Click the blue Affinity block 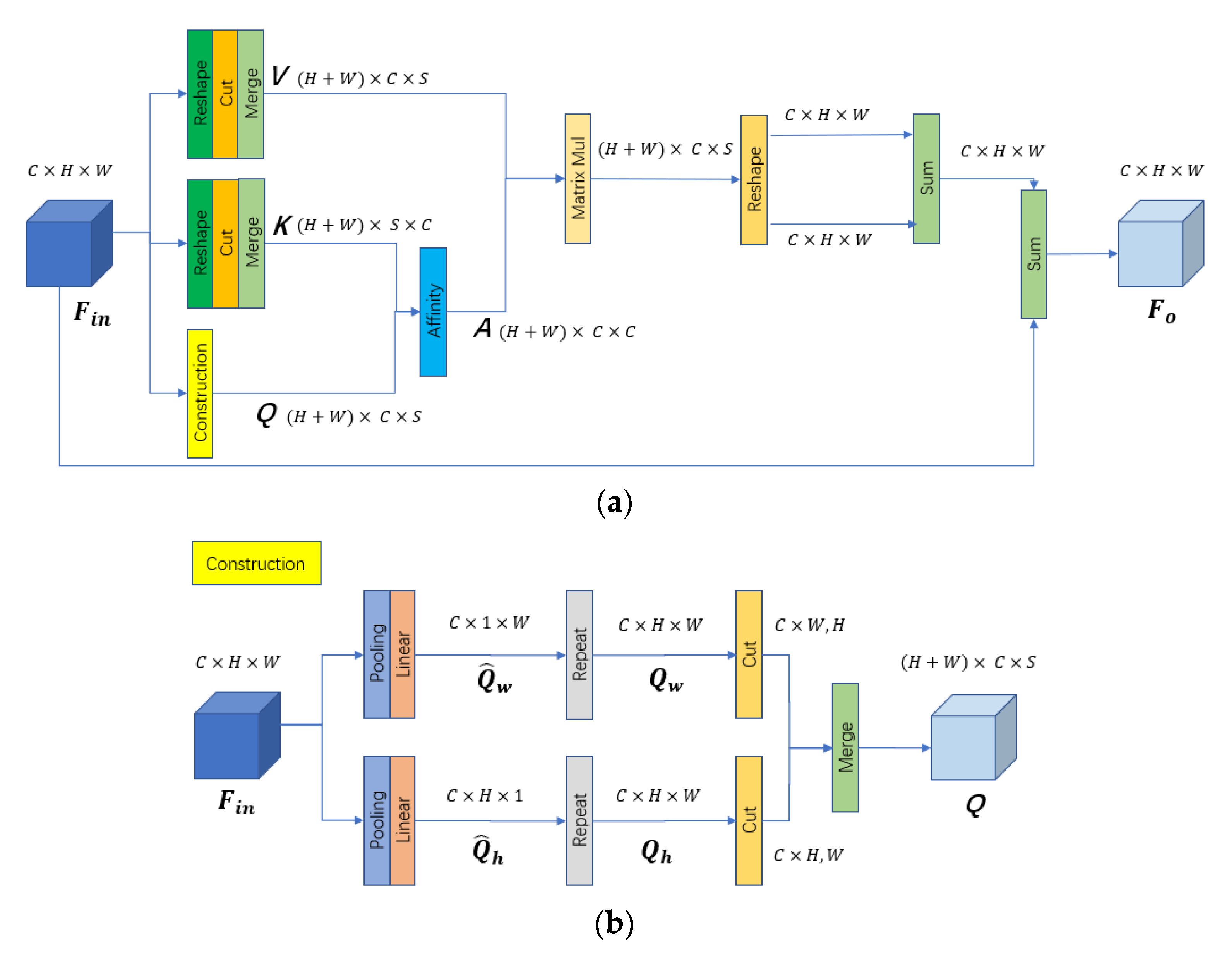click(x=433, y=311)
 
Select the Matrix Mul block click(x=578, y=179)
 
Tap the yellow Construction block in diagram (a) click(x=200, y=393)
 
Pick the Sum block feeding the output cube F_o click(x=1033, y=254)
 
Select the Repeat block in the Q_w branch click(x=579, y=654)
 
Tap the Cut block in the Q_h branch click(x=748, y=820)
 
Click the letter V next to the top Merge click(x=280, y=76)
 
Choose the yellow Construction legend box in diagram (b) click(x=256, y=563)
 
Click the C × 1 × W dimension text click(x=489, y=623)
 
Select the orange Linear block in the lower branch click(x=402, y=820)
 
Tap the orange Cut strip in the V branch click(x=225, y=94)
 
